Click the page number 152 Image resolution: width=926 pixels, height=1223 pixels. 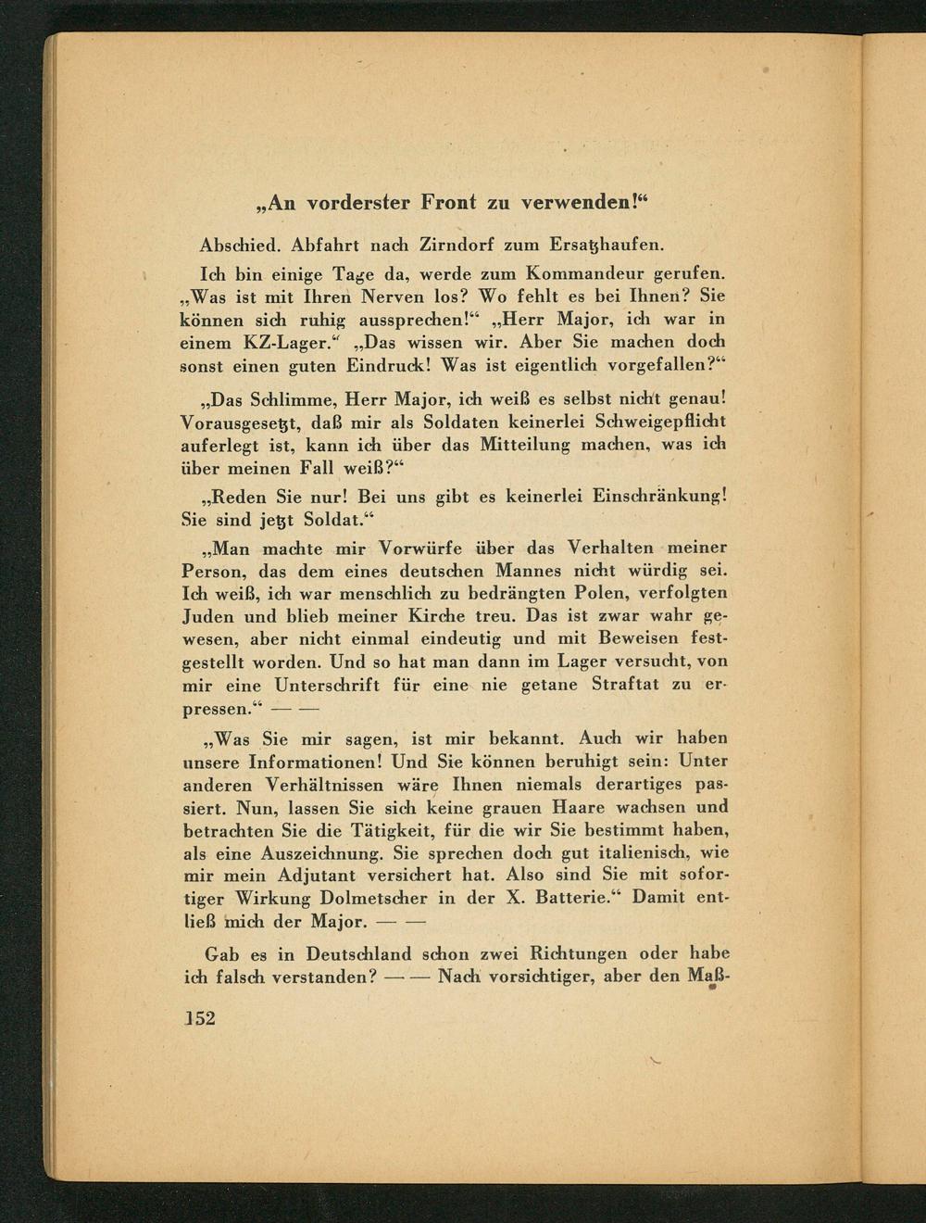pos(198,1016)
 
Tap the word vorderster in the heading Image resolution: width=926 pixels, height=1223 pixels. pos(356,202)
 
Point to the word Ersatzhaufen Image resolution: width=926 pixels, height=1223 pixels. pos(607,246)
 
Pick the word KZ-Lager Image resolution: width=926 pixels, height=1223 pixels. pos(289,342)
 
